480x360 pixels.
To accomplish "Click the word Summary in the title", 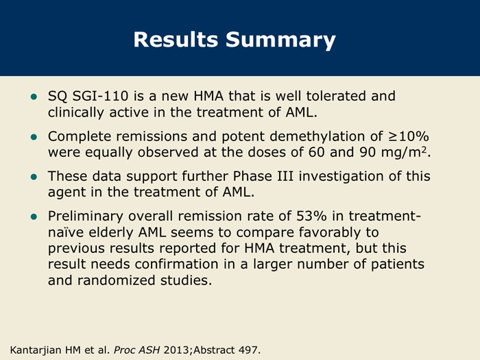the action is coord(280,40).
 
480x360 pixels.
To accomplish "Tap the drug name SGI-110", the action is coord(100,96).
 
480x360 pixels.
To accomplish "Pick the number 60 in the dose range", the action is coord(317,152).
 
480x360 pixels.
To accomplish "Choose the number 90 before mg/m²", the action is coord(368,152).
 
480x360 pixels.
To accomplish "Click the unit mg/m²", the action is coord(404,153).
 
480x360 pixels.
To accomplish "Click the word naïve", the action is coord(66,232).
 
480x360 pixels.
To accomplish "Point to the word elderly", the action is coord(111,232).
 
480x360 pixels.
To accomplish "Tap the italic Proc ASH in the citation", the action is coord(137,350).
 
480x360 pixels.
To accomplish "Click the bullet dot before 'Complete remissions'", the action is coord(34,137).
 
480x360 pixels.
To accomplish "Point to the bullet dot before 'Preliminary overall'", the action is coord(34,217).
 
